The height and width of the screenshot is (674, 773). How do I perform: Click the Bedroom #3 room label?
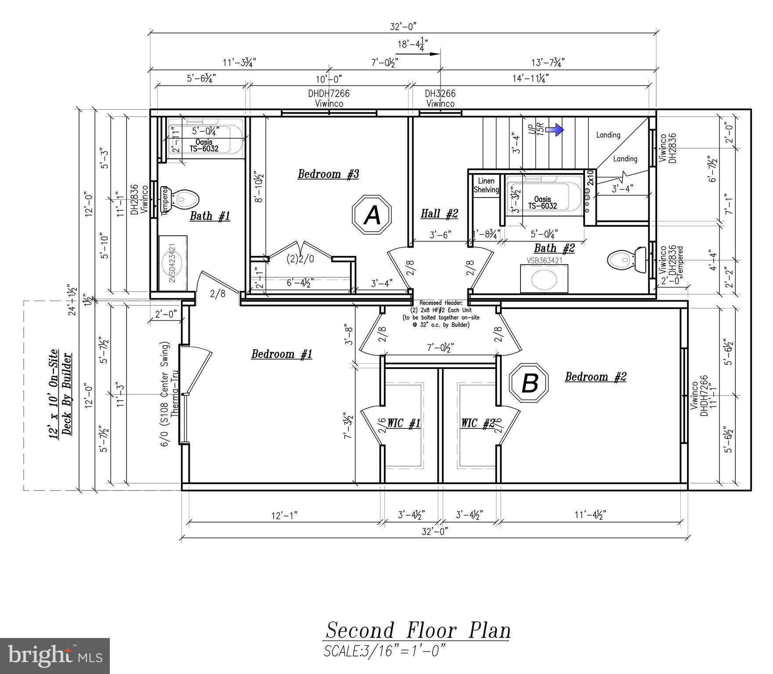[328, 174]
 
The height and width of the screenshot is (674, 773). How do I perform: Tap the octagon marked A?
[372, 215]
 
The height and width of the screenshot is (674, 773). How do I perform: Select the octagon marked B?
[529, 383]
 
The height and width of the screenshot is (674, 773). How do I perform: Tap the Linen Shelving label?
[486, 185]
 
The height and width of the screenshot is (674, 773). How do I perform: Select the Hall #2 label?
[439, 214]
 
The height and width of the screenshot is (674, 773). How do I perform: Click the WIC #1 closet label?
[403, 423]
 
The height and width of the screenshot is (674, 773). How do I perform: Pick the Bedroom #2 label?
[595, 376]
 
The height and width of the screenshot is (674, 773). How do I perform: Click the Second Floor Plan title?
[418, 631]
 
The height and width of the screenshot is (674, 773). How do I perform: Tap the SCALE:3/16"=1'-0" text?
[384, 650]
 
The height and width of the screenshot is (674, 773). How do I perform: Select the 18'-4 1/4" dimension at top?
[412, 44]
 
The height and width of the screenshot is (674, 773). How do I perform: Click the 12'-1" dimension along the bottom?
[284, 515]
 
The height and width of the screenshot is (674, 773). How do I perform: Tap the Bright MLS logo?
[54, 656]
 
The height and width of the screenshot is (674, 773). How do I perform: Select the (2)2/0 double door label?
[300, 259]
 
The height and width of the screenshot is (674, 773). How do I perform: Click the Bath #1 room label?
[210, 216]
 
